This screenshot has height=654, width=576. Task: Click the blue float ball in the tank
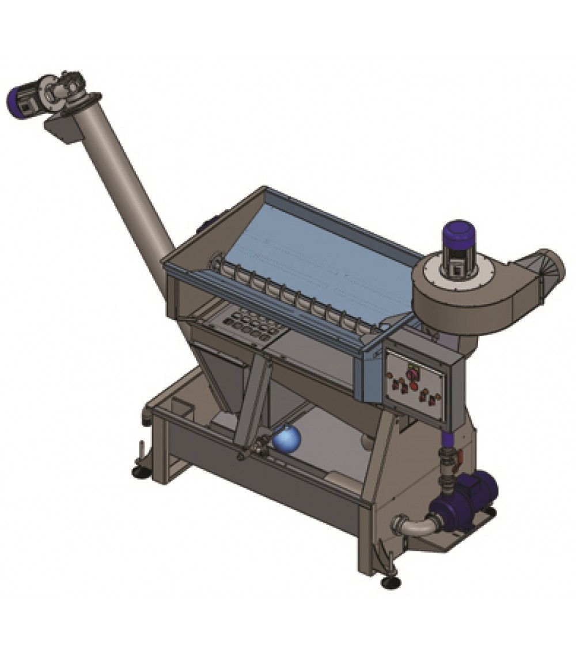tap(287, 439)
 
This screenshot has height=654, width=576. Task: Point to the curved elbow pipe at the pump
tap(410, 524)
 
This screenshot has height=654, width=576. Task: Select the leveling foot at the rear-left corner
tap(140, 472)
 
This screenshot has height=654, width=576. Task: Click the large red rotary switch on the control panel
tap(412, 374)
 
